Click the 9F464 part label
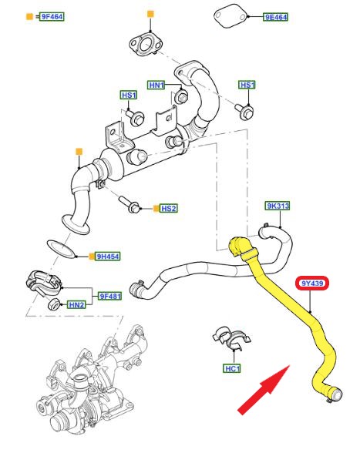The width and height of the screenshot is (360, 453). pyautogui.click(x=52, y=16)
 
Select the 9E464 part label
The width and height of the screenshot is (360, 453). pyautogui.click(x=276, y=17)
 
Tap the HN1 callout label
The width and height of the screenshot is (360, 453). pyautogui.click(x=156, y=85)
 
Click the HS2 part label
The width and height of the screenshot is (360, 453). pyautogui.click(x=169, y=208)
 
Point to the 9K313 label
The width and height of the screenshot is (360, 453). pyautogui.click(x=278, y=206)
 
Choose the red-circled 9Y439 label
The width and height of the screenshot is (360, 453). pyautogui.click(x=312, y=284)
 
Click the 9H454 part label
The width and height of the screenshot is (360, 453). pyautogui.click(x=108, y=257)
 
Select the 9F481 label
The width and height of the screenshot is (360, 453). pyautogui.click(x=110, y=296)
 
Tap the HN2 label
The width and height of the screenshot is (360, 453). pyautogui.click(x=76, y=304)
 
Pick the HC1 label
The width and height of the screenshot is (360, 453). pyautogui.click(x=232, y=368)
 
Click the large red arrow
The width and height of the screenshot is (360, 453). pyautogui.click(x=264, y=390)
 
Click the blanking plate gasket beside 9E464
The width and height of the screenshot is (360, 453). pyautogui.click(x=230, y=17)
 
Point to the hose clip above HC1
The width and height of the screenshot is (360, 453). pyautogui.click(x=230, y=339)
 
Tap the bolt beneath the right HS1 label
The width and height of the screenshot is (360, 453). pyautogui.click(x=244, y=111)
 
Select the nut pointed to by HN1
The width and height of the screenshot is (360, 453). pyautogui.click(x=182, y=97)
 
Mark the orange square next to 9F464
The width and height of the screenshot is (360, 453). pyautogui.click(x=30, y=16)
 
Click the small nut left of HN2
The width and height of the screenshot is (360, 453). pyautogui.click(x=54, y=304)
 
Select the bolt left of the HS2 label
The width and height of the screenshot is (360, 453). pyautogui.click(x=130, y=204)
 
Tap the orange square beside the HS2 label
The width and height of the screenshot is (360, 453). pyautogui.click(x=156, y=208)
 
